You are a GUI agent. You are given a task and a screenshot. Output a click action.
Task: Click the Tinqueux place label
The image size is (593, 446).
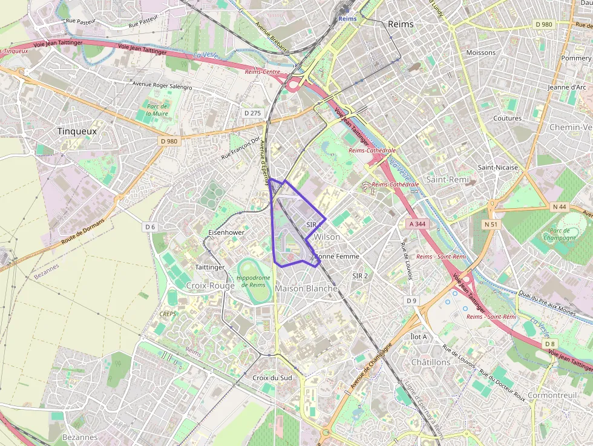pyautogui.click(x=77, y=131)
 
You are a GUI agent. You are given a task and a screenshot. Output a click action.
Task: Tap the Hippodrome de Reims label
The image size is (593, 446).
pyautogui.click(x=251, y=281)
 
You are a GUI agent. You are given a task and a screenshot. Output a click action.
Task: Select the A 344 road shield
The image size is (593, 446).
pyautogui.click(x=418, y=224)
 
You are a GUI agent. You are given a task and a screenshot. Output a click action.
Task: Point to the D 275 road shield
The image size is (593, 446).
pyautogui.click(x=252, y=113)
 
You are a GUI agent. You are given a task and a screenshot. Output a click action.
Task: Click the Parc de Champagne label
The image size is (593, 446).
pyautogui.click(x=560, y=234)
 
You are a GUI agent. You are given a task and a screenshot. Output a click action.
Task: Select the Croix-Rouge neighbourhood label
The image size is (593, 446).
pyautogui.click(x=210, y=286)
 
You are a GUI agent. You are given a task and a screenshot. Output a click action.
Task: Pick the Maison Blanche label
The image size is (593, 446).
pyautogui.click(x=306, y=289)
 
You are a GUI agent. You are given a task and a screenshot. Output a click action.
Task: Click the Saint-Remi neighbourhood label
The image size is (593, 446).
pyautogui.click(x=448, y=180)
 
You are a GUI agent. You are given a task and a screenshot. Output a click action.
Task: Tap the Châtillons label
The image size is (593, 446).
pyautogui.click(x=431, y=362)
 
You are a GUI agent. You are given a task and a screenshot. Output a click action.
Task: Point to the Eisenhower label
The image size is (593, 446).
pyautogui.click(x=226, y=232)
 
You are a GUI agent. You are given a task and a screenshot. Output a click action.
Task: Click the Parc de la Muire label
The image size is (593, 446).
pyautogui.click(x=157, y=110)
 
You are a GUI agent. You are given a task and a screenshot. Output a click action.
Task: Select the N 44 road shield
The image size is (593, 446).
pyautogui.click(x=559, y=207)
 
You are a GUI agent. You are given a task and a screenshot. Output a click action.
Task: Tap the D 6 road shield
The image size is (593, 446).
pyautogui.click(x=150, y=226)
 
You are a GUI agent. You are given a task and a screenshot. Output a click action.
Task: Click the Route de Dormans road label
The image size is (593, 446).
pyautogui.click(x=82, y=232)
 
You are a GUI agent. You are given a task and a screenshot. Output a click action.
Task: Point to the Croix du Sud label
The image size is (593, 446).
pyautogui.click(x=272, y=378)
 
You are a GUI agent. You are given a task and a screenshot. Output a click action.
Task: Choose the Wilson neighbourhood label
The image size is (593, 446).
pyautogui.click(x=327, y=237)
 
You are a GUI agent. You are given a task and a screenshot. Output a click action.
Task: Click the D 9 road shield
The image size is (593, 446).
pyautogui.click(x=411, y=301)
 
